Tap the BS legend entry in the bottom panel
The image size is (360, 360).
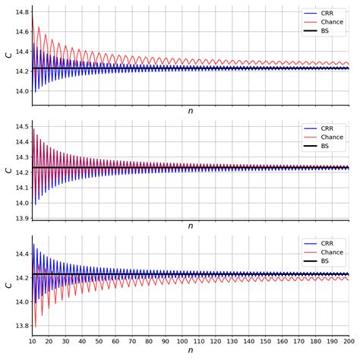point(325,261)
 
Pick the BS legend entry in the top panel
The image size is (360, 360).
point(325,31)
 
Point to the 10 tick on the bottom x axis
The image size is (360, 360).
point(33,342)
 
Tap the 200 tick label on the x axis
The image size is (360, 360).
point(349,342)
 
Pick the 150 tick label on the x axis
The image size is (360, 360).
point(266,342)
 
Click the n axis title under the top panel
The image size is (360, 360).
point(191,112)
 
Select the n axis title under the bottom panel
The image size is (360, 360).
point(191,351)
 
